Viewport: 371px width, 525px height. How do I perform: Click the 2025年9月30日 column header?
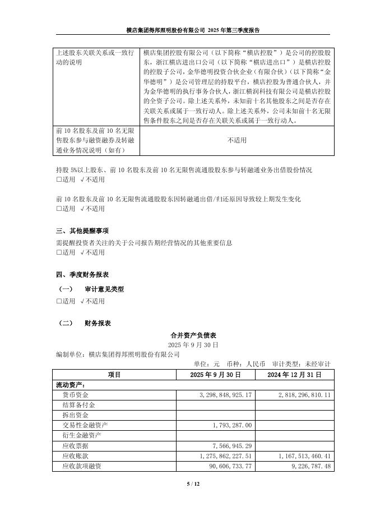coord(216,374)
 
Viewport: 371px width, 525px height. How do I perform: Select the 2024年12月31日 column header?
coord(294,374)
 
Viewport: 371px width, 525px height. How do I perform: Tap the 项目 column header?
coord(114,374)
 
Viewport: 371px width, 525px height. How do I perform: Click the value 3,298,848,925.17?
coord(226,395)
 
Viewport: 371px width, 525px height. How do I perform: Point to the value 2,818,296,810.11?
coord(304,395)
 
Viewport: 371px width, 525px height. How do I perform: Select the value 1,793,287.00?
coord(233,426)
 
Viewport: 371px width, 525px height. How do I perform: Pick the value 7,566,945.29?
coord(233,446)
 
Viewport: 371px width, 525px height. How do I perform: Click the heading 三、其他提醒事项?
coord(82,231)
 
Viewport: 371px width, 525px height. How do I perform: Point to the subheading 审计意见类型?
coord(104,289)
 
